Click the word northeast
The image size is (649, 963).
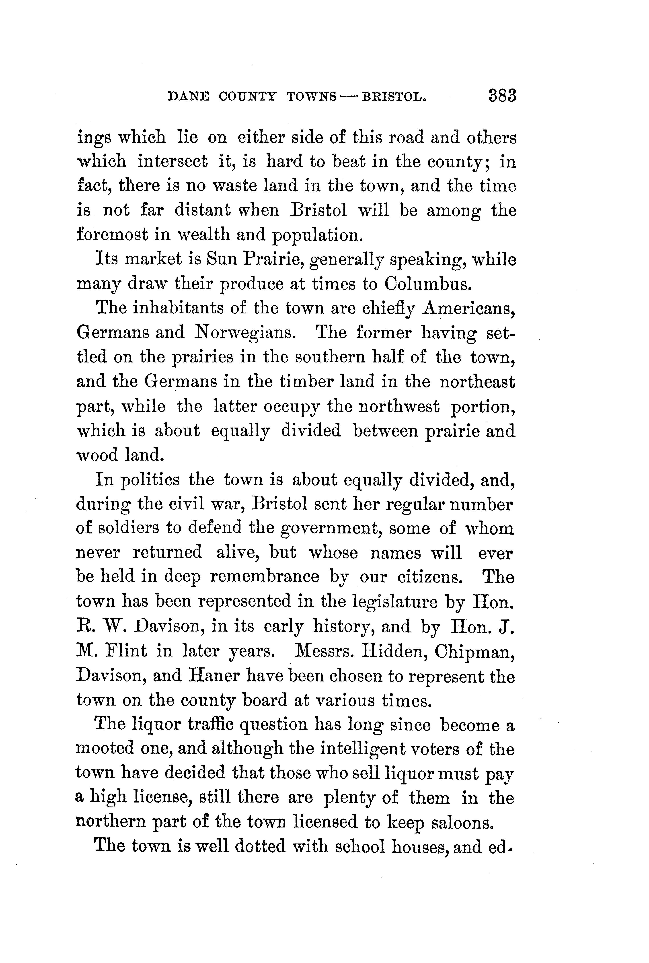pos(477,381)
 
